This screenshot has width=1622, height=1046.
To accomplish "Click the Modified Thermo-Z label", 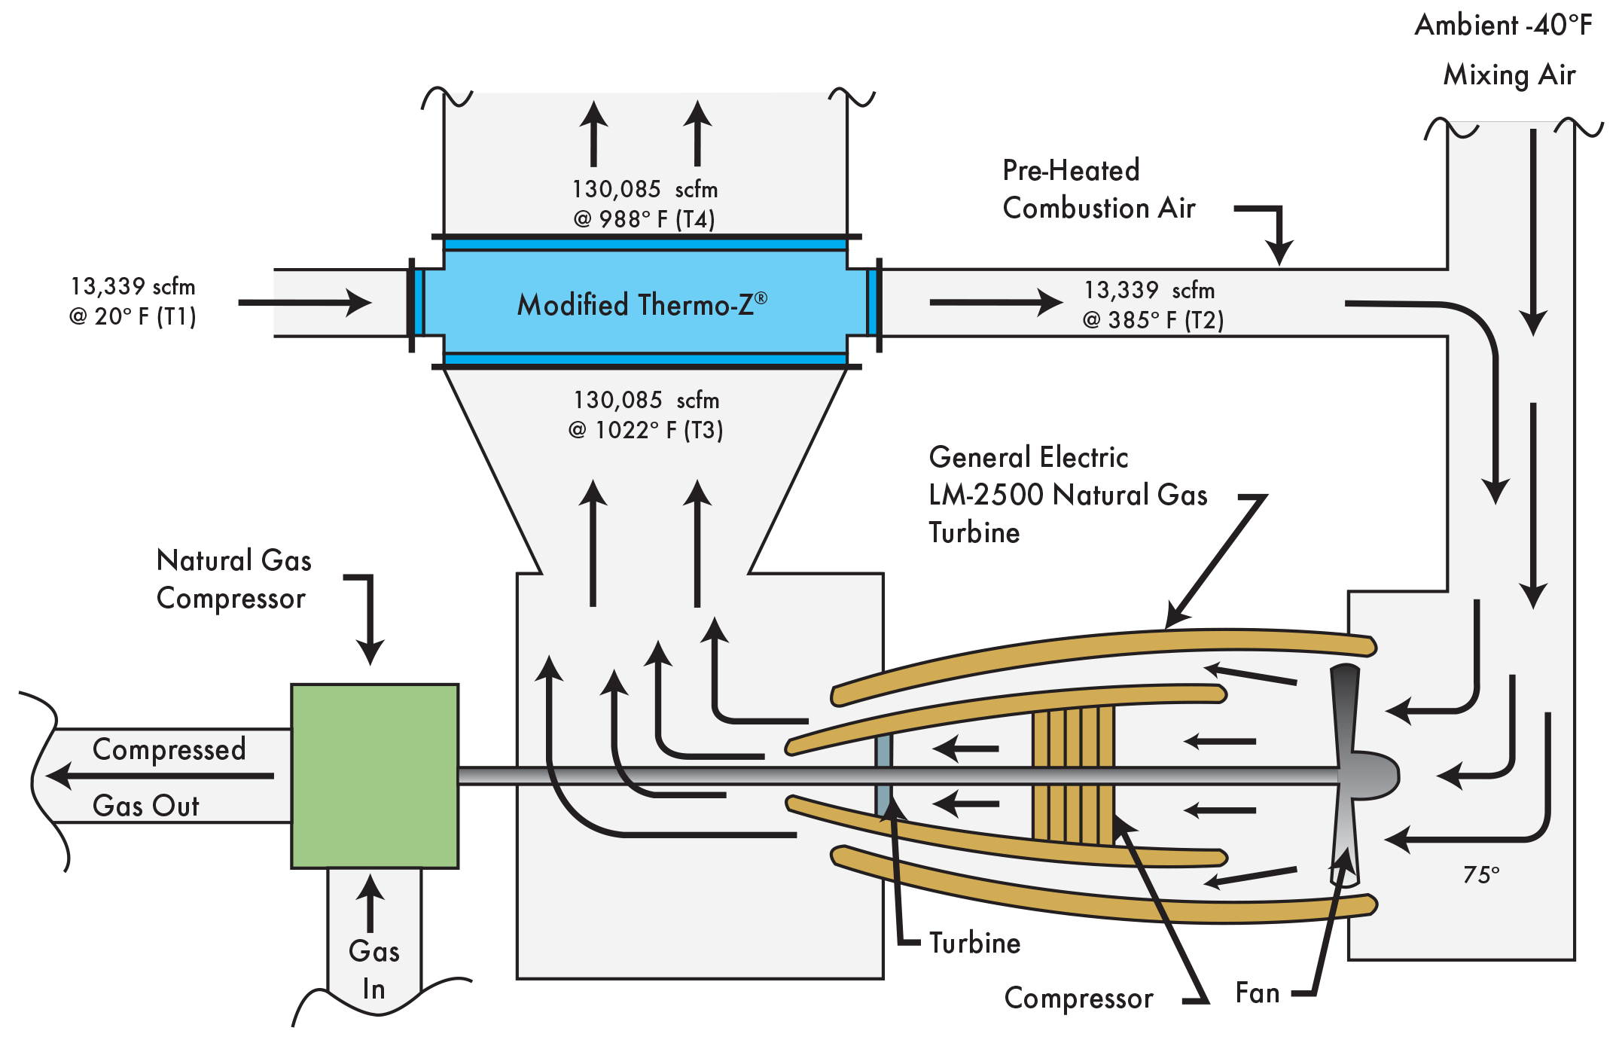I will (x=642, y=304).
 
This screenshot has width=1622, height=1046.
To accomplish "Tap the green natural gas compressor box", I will (x=374, y=776).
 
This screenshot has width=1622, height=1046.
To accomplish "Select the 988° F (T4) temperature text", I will (x=645, y=219).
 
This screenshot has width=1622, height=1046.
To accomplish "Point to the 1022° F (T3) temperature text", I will (x=645, y=430).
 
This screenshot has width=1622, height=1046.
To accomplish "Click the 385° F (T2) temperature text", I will (x=1153, y=320).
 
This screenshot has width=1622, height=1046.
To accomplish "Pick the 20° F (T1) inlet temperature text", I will (x=133, y=316).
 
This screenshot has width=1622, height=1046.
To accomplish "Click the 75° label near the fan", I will (x=1481, y=874).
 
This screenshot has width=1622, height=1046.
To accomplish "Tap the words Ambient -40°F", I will (x=1503, y=26).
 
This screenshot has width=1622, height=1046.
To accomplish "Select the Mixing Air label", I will (x=1509, y=75).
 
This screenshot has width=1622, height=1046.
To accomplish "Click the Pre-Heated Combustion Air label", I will (x=1099, y=189).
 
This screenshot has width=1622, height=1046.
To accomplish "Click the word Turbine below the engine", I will (x=974, y=943).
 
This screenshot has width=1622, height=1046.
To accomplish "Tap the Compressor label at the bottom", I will (x=1078, y=998).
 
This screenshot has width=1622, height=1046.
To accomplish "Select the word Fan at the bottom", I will (x=1258, y=993).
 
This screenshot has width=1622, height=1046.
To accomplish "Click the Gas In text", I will (x=374, y=970).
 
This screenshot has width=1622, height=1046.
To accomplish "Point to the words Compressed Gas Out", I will (x=168, y=777).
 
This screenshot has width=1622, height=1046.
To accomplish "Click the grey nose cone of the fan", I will (x=1374, y=774).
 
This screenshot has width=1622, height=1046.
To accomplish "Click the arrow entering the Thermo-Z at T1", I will (x=305, y=303).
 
